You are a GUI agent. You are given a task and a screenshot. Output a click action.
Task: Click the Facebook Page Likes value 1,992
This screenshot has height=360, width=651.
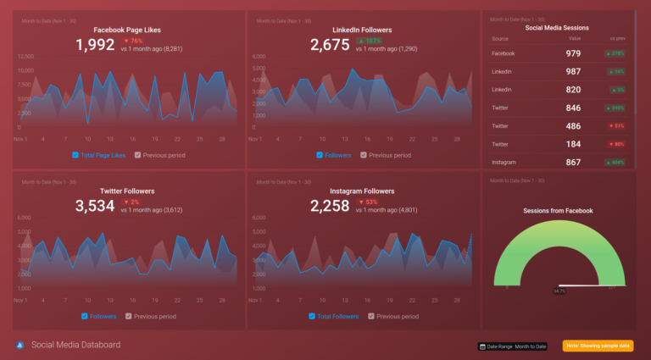click(x=95, y=45)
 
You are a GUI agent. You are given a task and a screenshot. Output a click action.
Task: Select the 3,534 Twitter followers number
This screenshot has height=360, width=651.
click(x=95, y=206)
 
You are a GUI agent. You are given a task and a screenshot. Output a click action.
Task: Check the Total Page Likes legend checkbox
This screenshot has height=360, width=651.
click(x=75, y=155)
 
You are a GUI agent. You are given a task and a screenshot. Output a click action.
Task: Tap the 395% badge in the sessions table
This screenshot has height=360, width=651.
click(x=615, y=108)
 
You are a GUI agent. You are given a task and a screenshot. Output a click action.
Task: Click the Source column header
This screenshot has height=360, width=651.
click(x=500, y=38)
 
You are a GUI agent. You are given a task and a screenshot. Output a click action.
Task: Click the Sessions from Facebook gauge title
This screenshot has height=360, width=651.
click(x=558, y=210)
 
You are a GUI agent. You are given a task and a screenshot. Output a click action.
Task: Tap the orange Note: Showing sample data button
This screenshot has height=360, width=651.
click(x=598, y=346)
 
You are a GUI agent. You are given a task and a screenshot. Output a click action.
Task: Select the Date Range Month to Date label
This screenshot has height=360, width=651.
click(x=513, y=346)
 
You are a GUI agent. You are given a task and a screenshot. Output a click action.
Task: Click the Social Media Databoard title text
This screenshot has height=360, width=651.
click(x=75, y=345)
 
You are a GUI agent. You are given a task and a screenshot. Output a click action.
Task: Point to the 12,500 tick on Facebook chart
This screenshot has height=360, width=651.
click(x=25, y=57)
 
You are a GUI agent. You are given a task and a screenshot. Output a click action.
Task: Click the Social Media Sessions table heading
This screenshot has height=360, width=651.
click(x=558, y=27)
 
